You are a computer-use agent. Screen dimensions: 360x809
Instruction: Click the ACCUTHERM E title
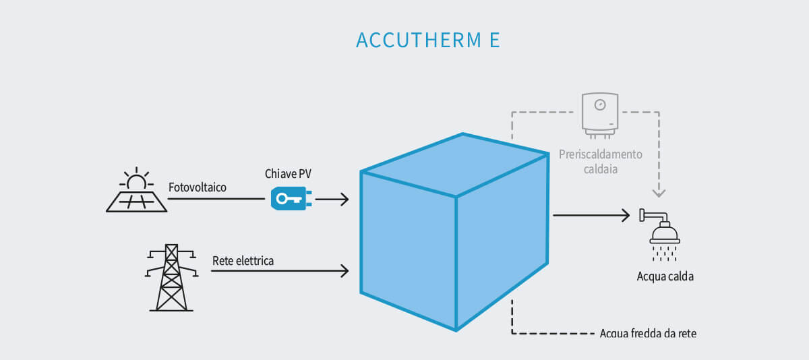(x=428, y=40)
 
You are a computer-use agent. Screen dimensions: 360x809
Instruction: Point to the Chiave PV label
(x=288, y=174)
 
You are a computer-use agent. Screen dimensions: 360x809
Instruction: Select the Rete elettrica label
(x=243, y=260)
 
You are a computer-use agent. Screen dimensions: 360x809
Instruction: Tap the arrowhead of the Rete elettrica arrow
(x=344, y=271)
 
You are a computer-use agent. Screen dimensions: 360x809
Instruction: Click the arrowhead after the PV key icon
(x=344, y=199)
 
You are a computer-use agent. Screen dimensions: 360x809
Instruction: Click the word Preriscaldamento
(x=601, y=154)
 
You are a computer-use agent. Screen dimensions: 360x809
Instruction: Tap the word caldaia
(x=600, y=169)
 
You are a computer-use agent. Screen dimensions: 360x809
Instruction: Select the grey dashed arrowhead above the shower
(x=659, y=193)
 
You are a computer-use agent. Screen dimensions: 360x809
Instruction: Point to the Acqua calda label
(x=665, y=276)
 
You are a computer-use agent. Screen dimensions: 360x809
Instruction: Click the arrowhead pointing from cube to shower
(x=625, y=216)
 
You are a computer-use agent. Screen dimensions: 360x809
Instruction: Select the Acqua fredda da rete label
(x=648, y=333)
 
